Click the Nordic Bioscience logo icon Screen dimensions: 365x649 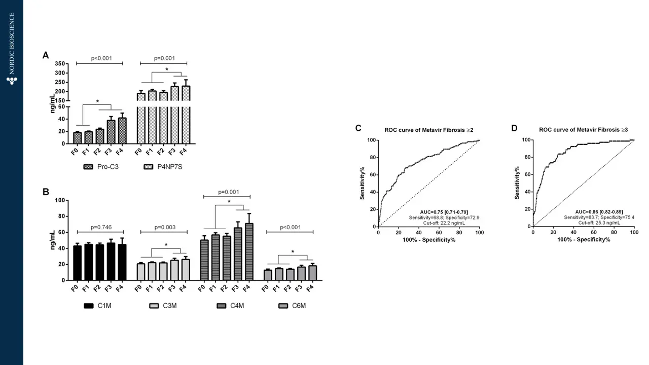click(x=12, y=80)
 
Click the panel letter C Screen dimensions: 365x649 click(x=358, y=128)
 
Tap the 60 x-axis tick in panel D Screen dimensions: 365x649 click(x=593, y=232)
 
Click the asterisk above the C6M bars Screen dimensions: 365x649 click(x=293, y=251)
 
